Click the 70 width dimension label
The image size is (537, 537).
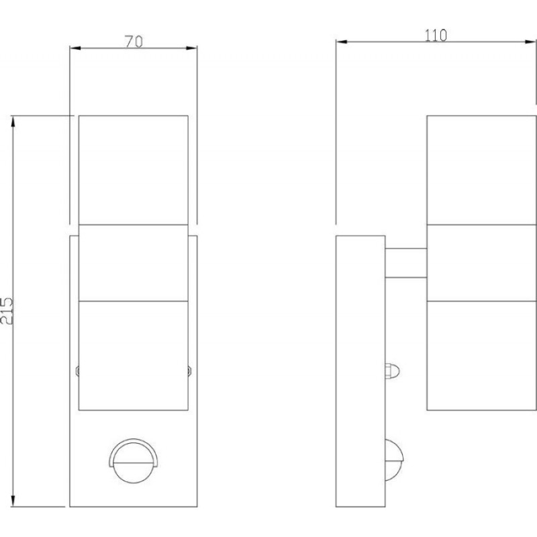134,42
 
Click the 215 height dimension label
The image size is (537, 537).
7,311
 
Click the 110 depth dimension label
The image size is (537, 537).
436,36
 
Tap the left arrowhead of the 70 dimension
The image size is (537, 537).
75,48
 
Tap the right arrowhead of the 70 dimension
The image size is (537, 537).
192,48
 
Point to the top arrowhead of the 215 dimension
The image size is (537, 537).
13,122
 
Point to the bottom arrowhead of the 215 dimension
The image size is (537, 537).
13,501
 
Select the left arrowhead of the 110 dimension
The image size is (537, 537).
341,42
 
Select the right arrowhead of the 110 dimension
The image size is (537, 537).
530,42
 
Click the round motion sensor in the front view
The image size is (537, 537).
134,460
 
